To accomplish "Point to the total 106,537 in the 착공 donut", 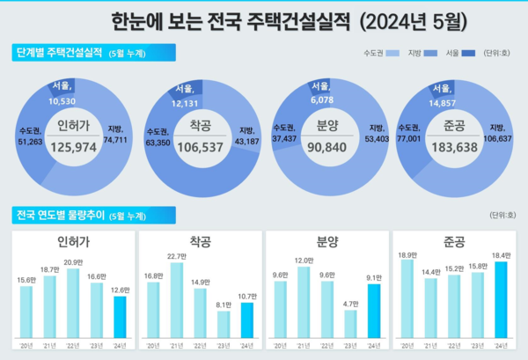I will (x=204, y=147).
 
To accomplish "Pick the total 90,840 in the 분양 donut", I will (x=326, y=147).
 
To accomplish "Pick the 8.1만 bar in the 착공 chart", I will (x=224, y=326).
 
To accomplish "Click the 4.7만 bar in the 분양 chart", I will (x=350, y=326).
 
